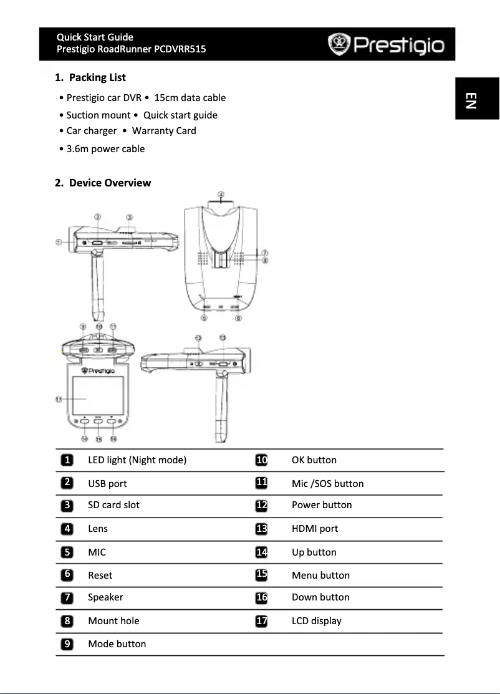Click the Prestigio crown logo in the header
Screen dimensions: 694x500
tap(340, 45)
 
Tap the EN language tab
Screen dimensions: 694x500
tap(471, 100)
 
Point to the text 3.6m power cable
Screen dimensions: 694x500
tap(105, 148)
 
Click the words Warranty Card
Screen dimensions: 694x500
tap(164, 131)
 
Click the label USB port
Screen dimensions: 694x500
tap(107, 484)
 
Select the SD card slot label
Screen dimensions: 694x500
tap(113, 505)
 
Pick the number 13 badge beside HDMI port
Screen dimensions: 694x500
tap(262, 529)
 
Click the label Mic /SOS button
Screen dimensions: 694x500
tap(327, 484)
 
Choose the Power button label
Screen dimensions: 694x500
tap(322, 505)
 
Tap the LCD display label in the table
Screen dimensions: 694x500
tap(317, 621)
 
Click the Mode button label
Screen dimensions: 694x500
tap(117, 644)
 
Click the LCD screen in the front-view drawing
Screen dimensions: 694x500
tap(97, 397)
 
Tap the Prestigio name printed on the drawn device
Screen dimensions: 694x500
tap(98, 370)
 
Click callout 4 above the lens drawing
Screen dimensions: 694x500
tap(221, 193)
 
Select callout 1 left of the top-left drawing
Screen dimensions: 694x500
tap(58, 242)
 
